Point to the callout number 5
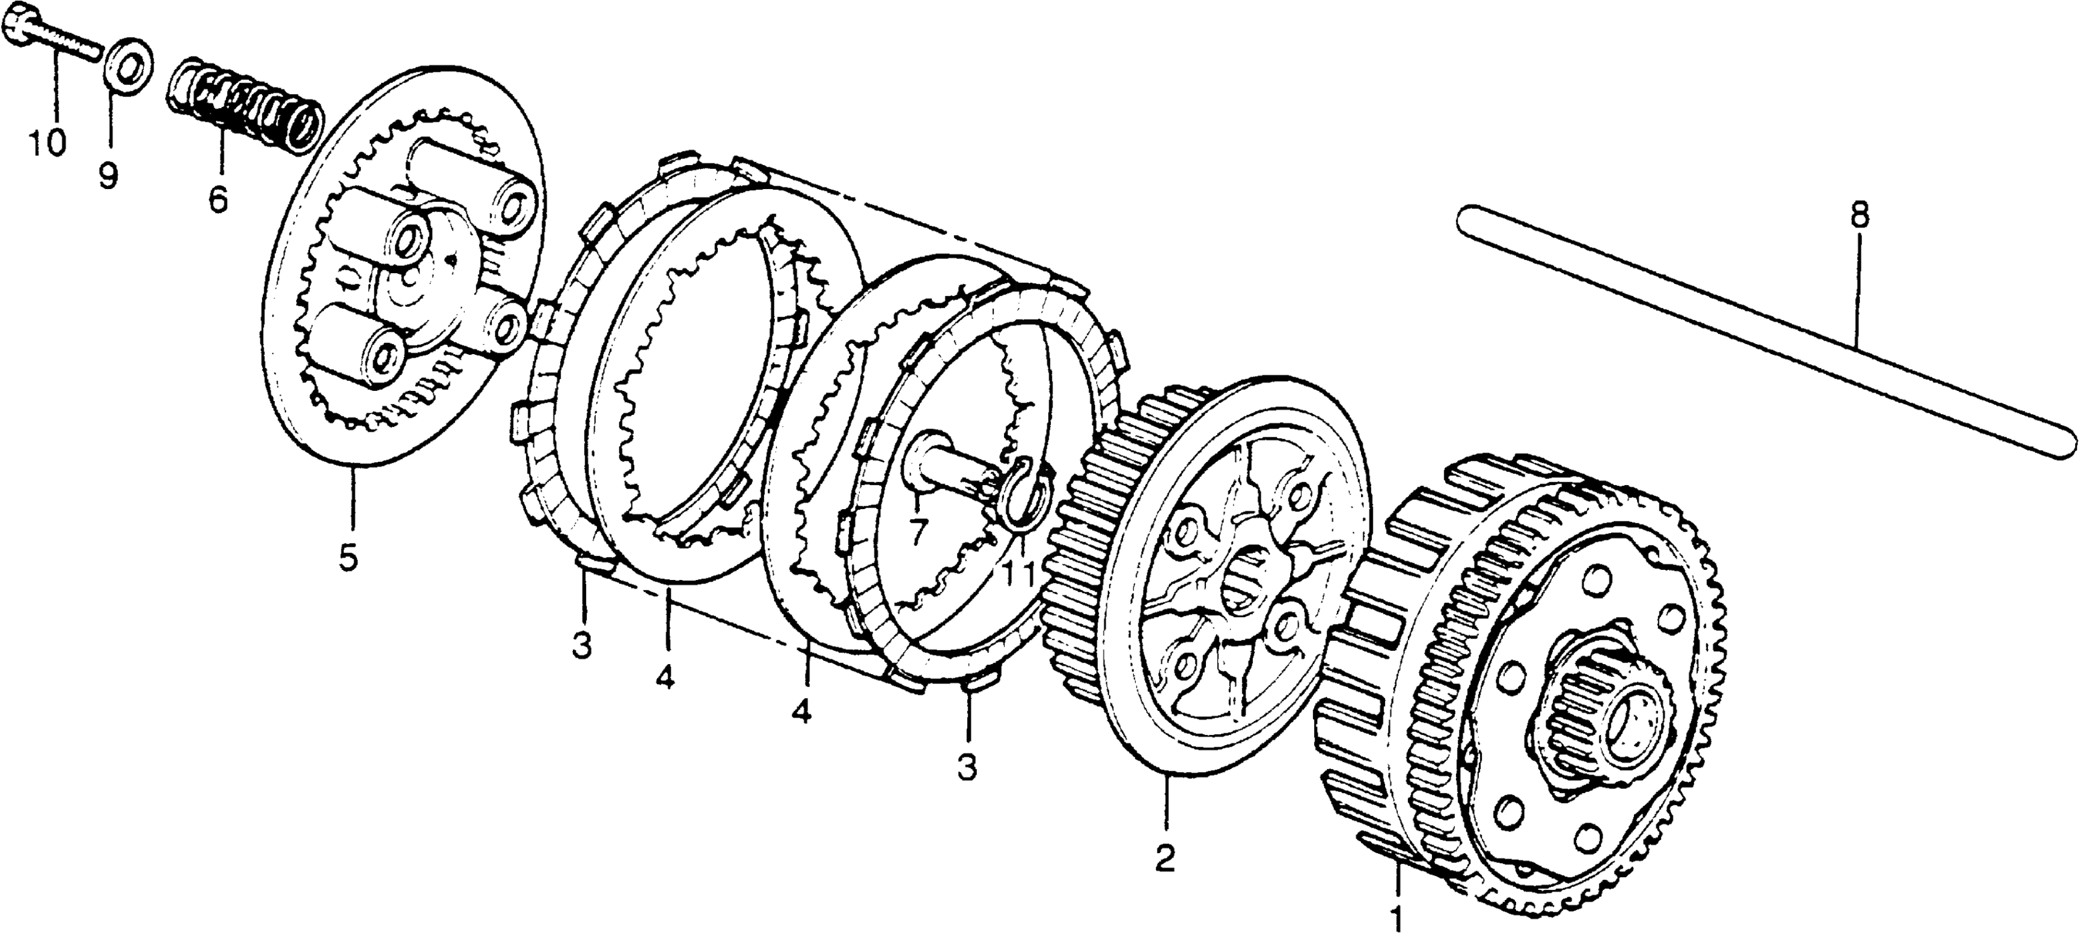348,558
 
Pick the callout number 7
916,532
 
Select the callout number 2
1165,858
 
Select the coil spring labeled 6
247,104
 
